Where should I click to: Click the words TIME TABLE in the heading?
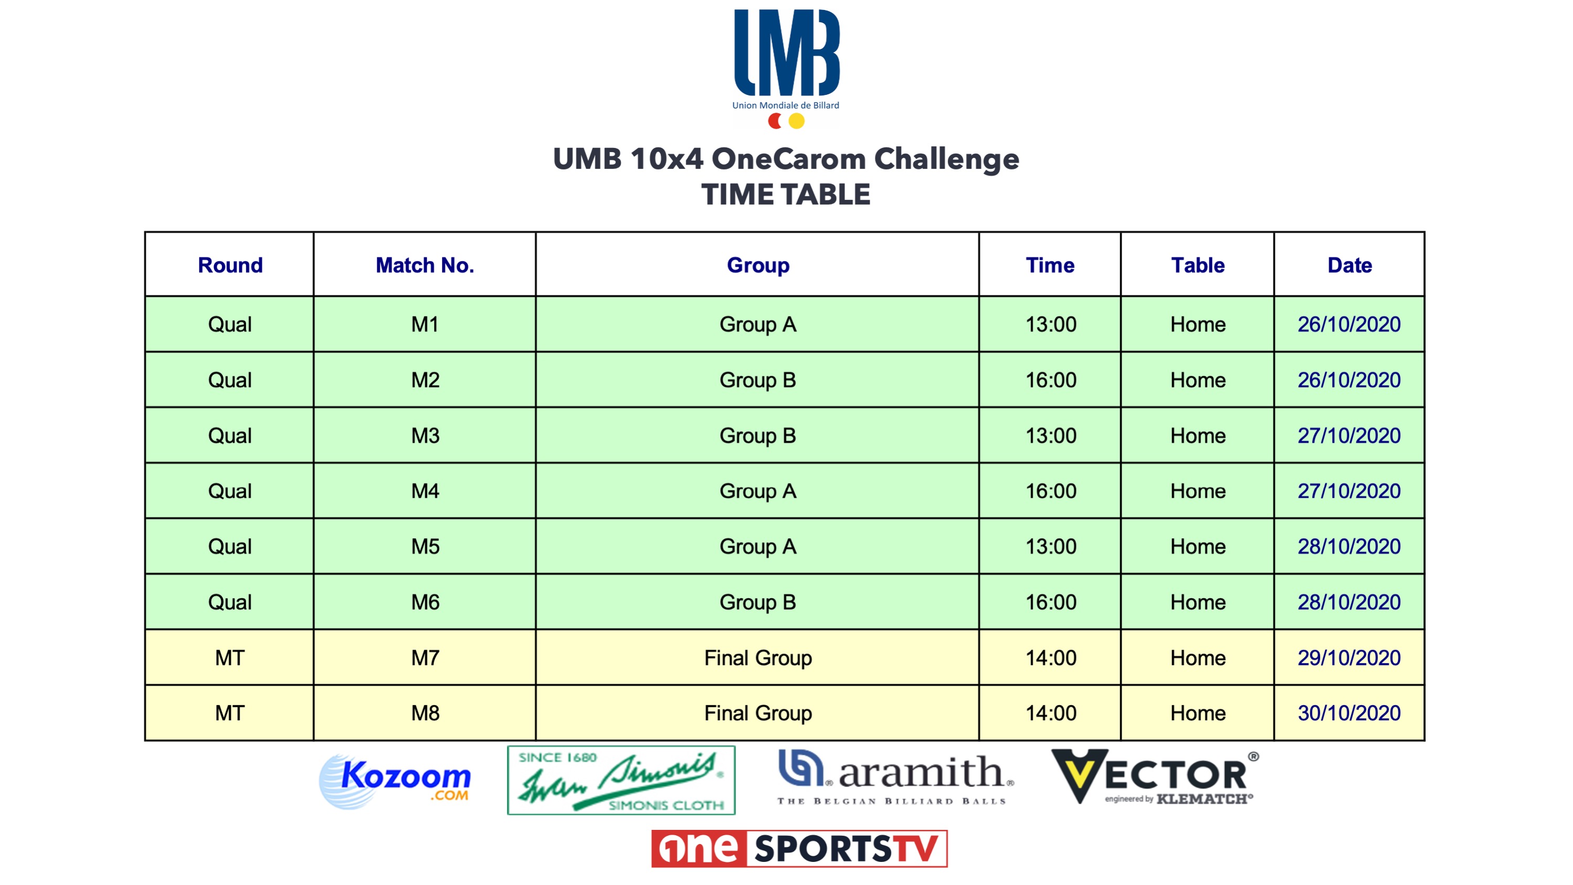point(786,195)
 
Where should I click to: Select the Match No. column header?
point(425,265)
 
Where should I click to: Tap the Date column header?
point(1350,265)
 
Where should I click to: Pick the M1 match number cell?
point(425,324)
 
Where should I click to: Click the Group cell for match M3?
point(758,435)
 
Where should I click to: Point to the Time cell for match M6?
point(1050,602)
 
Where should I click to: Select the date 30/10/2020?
point(1349,713)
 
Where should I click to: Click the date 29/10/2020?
point(1349,658)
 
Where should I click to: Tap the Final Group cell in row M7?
point(758,658)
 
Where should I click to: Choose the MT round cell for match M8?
point(230,713)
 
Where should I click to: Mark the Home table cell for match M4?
point(1197,491)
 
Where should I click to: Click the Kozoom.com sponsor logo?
point(395,781)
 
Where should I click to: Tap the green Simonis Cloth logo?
point(621,780)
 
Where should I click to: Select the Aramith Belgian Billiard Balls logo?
point(896,777)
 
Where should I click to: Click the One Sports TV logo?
point(799,848)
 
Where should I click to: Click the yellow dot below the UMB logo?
point(796,121)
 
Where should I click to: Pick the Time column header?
point(1050,265)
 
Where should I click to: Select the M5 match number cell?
point(425,547)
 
